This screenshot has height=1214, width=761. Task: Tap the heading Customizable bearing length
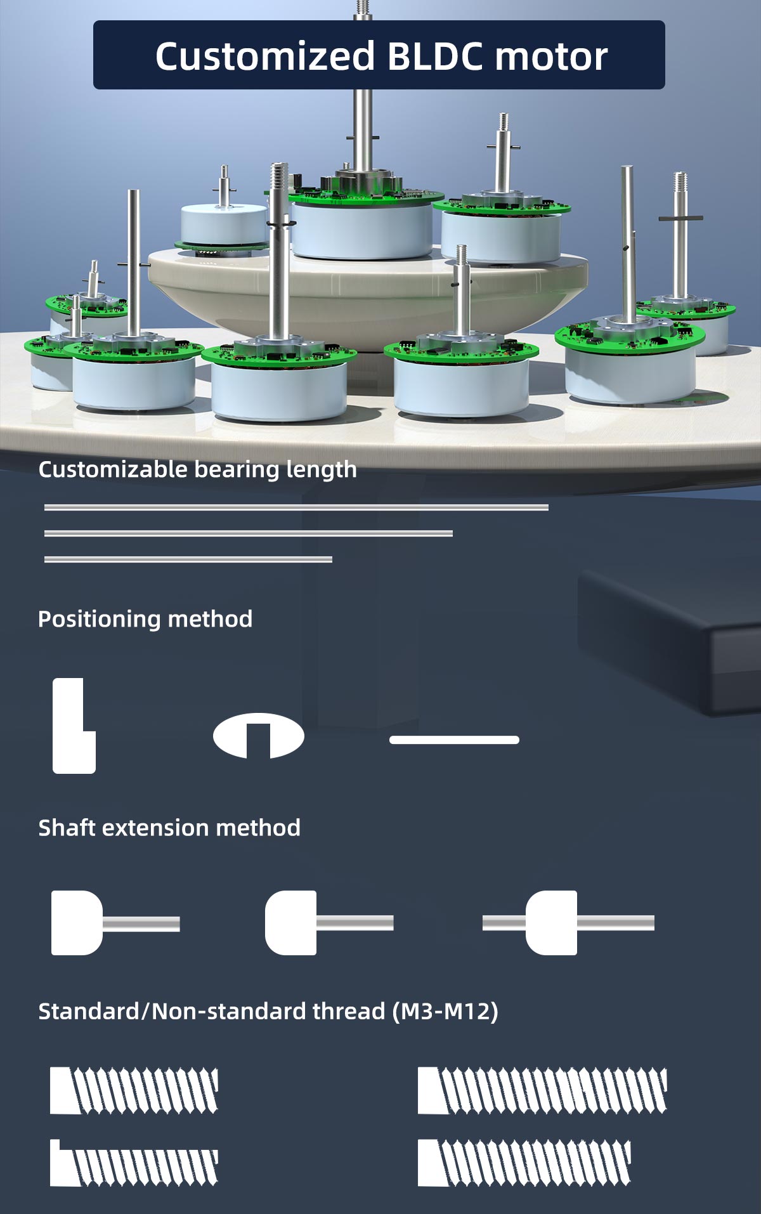[197, 469]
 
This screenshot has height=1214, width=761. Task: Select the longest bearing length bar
[296, 507]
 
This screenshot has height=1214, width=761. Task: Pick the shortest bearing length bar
[188, 559]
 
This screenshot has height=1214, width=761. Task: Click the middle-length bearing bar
[249, 533]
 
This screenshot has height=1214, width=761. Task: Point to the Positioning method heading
[145, 619]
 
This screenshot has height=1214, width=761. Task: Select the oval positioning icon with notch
[259, 736]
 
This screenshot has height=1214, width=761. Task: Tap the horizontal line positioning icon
[454, 740]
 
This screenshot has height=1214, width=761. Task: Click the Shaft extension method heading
[169, 828]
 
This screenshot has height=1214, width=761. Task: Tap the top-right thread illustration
[542, 1091]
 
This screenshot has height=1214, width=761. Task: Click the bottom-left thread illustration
[134, 1163]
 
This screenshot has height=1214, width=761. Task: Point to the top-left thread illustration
[134, 1091]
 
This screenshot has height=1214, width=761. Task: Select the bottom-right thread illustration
[524, 1163]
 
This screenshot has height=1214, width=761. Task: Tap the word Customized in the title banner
[265, 56]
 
